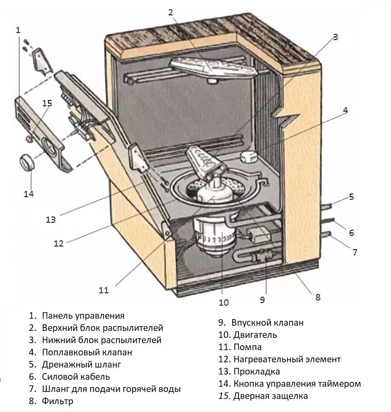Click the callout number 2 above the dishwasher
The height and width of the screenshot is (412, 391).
[171, 12]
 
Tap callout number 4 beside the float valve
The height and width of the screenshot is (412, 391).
[345, 110]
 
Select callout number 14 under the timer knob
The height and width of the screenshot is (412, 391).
[29, 193]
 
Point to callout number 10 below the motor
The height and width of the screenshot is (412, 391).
[223, 302]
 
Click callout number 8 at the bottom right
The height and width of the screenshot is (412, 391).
[318, 297]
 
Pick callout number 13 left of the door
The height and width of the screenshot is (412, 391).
[51, 219]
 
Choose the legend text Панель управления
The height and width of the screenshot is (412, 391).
[83, 316]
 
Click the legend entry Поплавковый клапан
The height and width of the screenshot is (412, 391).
[87, 352]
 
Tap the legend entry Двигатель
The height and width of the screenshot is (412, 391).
[255, 335]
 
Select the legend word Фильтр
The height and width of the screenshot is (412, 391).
[58, 401]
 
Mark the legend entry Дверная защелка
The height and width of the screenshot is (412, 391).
[270, 396]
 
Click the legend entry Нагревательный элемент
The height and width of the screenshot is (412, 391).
[287, 359]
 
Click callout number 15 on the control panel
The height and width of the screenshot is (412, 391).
[47, 103]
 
